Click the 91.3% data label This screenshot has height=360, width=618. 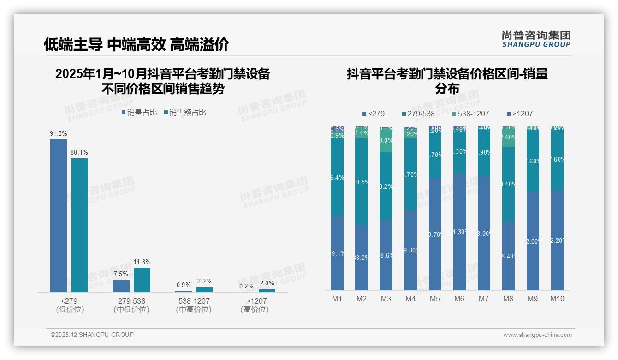click(59, 134)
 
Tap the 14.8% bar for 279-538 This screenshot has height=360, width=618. click(142, 280)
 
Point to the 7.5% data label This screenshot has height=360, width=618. click(121, 274)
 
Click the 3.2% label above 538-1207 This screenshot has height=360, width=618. click(204, 281)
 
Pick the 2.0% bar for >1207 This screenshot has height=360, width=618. click(267, 291)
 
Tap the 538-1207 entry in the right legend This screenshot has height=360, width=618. click(470, 114)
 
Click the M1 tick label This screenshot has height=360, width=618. click(337, 299)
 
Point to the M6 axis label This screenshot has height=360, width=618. click(459, 299)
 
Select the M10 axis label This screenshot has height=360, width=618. click(557, 299)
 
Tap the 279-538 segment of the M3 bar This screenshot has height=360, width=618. click(386, 186)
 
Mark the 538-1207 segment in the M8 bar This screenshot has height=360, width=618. click(508, 138)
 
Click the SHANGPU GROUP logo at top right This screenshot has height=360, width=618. click(536, 39)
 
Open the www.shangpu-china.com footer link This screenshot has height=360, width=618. click(537, 335)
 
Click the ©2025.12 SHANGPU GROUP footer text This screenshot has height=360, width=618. click(92, 335)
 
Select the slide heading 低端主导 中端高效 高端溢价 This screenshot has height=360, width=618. click(136, 44)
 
